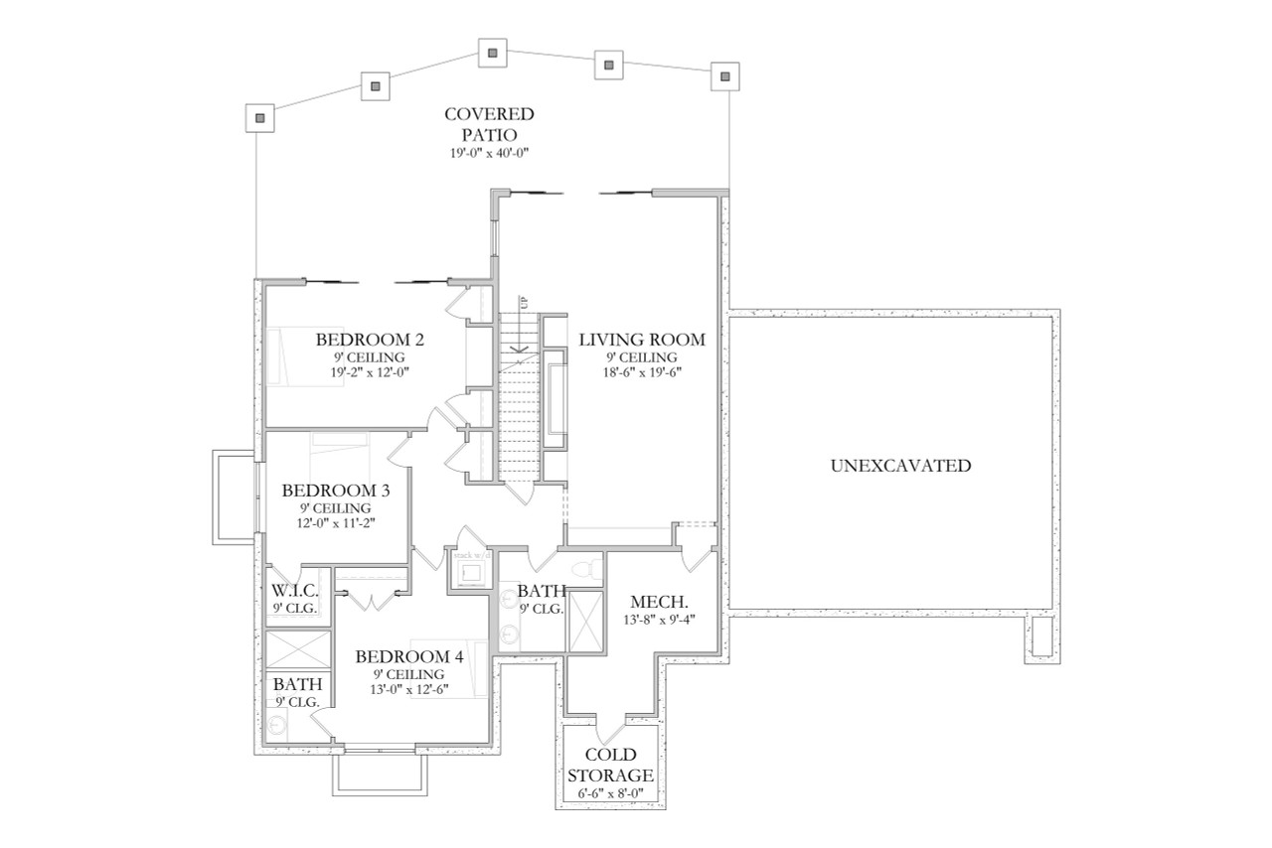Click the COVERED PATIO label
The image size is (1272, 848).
[x=489, y=124]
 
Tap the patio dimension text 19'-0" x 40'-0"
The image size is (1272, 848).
[x=488, y=153]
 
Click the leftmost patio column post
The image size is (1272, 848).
[x=259, y=118]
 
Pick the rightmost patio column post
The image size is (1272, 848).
[x=725, y=75]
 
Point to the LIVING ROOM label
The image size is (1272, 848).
[x=642, y=340]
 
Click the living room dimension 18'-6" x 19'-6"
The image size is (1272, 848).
[x=642, y=372]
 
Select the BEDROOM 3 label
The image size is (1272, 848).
[x=335, y=491]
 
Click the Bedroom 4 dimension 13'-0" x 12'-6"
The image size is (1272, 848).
[x=409, y=690]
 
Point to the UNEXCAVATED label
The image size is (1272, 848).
[x=900, y=465]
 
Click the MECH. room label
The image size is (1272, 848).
[x=660, y=603]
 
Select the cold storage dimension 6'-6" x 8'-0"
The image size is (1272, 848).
[x=611, y=793]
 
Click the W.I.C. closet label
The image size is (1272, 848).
[x=295, y=592]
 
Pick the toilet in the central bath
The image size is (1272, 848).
[x=592, y=569]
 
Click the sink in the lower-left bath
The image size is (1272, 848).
[x=277, y=726]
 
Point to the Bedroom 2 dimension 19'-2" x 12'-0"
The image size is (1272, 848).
[x=370, y=372]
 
